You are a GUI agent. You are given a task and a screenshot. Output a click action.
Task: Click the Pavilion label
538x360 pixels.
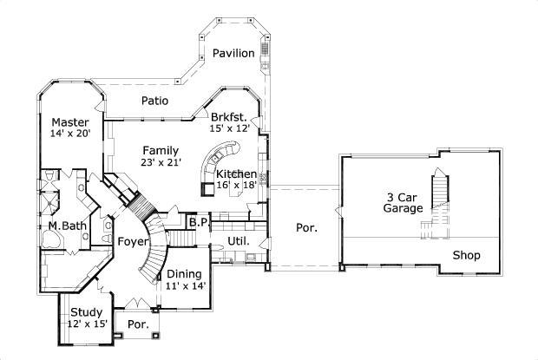pos(233,54)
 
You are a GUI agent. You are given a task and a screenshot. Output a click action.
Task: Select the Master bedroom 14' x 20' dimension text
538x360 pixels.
pos(69,134)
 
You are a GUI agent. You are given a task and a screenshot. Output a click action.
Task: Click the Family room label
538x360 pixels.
pos(161,150)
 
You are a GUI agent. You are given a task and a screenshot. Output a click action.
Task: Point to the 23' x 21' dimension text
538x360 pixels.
pos(161,163)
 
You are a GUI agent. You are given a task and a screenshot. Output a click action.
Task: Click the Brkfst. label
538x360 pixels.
pos(229,116)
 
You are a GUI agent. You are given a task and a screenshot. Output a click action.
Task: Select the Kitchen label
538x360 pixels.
pos(236,173)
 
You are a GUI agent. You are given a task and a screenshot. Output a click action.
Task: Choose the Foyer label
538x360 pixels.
pos(133,242)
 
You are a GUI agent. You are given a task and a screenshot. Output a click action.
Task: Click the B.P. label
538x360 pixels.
pos(199,223)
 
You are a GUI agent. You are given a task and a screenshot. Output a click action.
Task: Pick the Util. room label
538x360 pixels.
pos(239,240)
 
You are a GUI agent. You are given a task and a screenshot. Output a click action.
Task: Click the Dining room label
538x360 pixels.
pos(184,274)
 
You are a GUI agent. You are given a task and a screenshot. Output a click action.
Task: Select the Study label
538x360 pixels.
pos(86,312)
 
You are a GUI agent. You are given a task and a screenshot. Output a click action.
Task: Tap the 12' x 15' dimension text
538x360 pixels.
pos(87,324)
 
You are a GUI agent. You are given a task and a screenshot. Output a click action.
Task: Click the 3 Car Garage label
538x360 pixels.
pos(403,202)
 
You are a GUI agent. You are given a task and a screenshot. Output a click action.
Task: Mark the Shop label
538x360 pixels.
pos(466,255)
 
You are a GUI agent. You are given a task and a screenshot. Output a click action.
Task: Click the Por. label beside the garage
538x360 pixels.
pos(306,228)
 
